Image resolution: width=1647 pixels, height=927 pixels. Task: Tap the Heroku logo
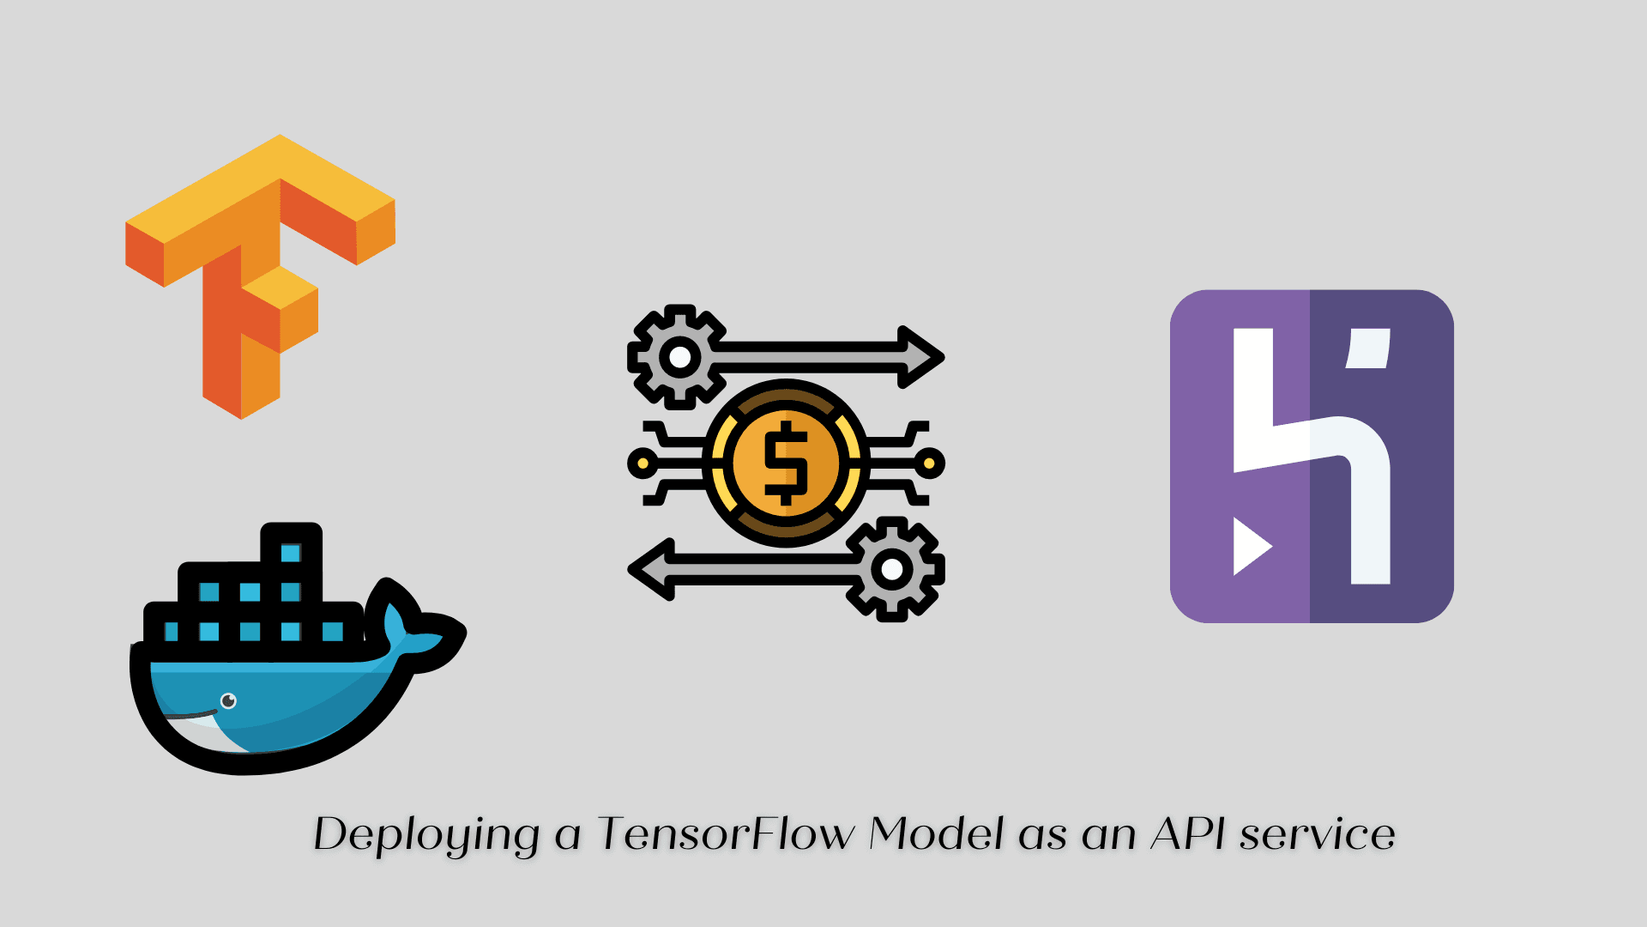(x=1311, y=456)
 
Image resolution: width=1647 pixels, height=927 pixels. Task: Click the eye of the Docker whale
(x=228, y=701)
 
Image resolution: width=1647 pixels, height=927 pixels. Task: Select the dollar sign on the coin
(x=786, y=463)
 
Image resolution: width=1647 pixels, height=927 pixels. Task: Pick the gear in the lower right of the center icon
(x=892, y=568)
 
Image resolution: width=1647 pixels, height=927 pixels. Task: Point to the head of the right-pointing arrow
(x=922, y=356)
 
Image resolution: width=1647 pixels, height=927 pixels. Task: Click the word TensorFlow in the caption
(x=726, y=834)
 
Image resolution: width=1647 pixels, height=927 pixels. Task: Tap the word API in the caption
(x=1188, y=833)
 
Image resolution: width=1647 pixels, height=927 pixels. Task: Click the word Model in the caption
(x=936, y=833)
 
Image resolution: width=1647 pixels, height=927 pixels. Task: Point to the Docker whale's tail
(x=420, y=635)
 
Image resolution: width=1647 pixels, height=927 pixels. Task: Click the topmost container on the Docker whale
(x=291, y=552)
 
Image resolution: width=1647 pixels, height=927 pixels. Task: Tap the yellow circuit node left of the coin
(x=642, y=463)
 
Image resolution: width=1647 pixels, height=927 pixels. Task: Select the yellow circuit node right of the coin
(x=929, y=463)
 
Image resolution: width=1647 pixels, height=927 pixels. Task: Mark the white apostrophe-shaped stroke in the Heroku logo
(x=1368, y=348)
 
